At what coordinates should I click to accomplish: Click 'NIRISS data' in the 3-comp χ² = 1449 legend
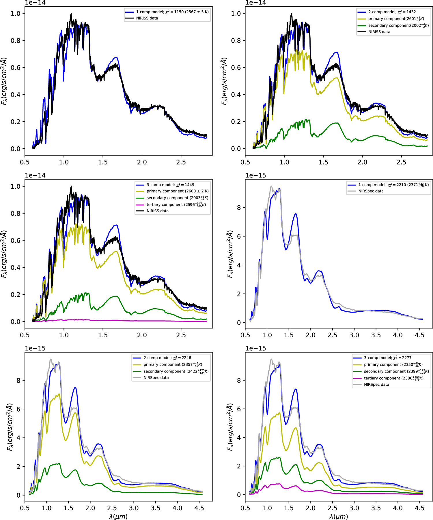(157, 211)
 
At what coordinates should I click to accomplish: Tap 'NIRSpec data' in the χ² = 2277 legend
(376, 385)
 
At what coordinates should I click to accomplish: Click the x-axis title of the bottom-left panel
(118, 516)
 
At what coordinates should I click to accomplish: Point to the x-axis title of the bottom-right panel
(339, 516)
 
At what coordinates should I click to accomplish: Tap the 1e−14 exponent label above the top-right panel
(255, 3)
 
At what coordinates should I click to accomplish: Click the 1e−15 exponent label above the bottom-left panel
(35, 348)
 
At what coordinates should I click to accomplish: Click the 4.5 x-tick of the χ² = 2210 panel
(419, 335)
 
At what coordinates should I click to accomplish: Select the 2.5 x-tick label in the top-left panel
(181, 162)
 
